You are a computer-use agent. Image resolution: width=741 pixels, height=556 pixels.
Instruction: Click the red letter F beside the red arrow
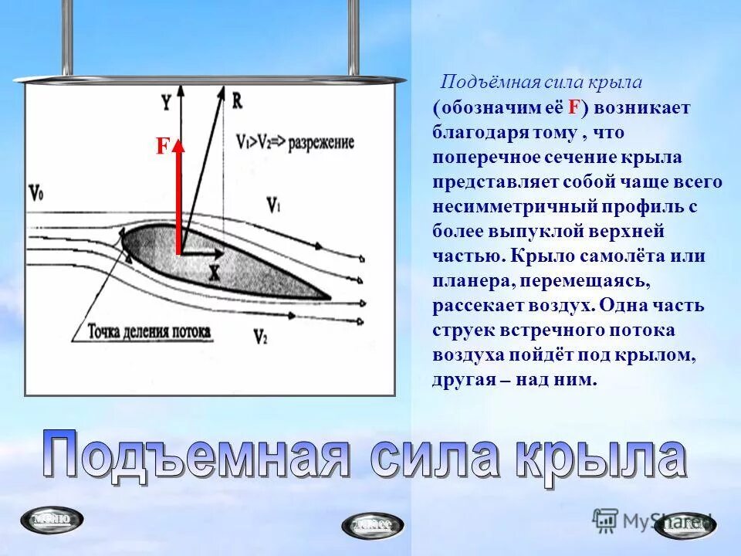(x=162, y=147)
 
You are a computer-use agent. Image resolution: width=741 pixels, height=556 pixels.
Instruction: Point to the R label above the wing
(x=237, y=100)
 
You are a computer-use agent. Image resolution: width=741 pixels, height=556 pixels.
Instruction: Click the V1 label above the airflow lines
(x=273, y=205)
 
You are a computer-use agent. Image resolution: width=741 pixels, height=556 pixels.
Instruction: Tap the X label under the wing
(x=214, y=272)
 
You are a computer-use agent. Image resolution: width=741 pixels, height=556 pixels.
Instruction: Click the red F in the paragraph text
(x=574, y=107)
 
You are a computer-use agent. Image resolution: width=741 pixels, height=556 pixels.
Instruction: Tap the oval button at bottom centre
(x=372, y=524)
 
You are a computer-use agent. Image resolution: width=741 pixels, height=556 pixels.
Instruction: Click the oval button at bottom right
(x=689, y=524)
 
